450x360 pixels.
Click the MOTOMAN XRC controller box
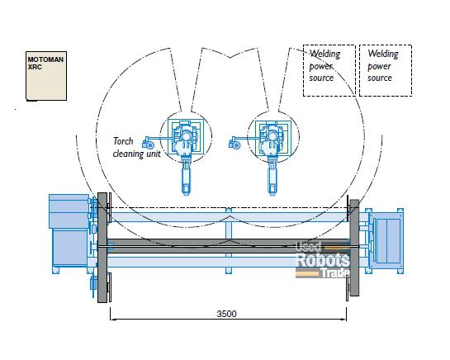46,76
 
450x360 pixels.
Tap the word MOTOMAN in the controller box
45,59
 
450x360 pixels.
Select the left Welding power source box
329,71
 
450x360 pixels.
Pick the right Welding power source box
386,71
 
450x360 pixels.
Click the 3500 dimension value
227,314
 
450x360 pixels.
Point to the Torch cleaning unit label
136,148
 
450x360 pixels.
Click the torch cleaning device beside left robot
148,143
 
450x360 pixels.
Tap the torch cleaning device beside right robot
234,143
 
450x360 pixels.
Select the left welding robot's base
186,137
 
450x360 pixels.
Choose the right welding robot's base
273,137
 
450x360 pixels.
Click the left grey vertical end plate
102,248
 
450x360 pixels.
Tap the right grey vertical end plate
354,248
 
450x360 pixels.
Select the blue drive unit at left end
70,233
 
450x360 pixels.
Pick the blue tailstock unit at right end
385,240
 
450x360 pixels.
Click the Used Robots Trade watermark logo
323,260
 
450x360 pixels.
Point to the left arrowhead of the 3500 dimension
112,320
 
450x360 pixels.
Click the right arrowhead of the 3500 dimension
344,320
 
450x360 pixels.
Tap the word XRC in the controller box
35,67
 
